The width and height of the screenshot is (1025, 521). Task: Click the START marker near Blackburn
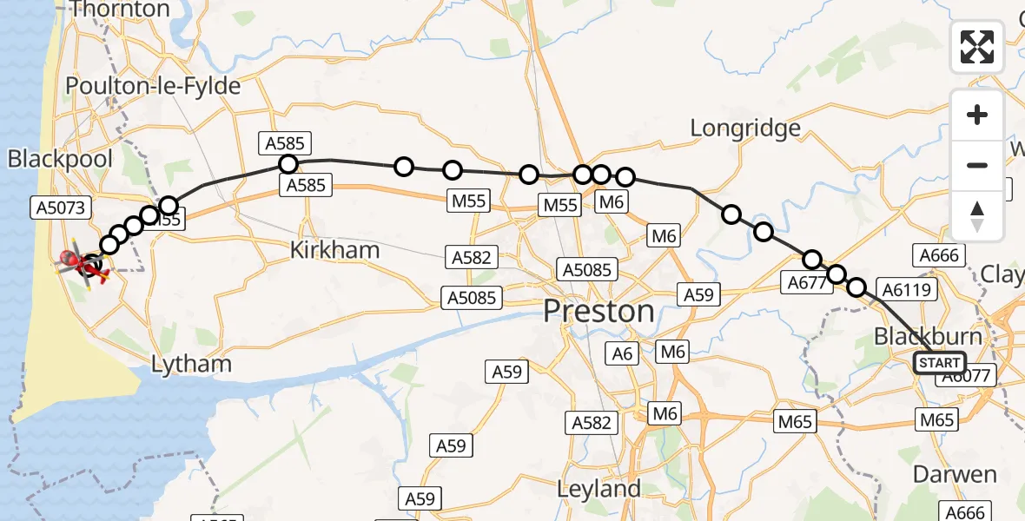939,363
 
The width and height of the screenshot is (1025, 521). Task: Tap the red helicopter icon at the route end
81,261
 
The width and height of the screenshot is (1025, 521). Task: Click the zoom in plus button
977,115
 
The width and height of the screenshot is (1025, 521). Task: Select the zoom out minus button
977,165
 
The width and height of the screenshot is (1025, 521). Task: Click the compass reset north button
977,215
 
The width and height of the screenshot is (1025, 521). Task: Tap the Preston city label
599,312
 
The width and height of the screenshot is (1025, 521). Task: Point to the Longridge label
745,129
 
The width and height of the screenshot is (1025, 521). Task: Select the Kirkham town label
334,251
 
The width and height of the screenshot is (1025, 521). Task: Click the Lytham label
191,364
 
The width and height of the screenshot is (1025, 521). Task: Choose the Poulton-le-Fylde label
153,87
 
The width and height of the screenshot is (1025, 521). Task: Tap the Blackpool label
61,159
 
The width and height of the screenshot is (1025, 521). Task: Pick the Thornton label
120,10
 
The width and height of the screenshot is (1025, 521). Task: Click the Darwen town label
955,474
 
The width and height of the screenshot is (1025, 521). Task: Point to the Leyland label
598,489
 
